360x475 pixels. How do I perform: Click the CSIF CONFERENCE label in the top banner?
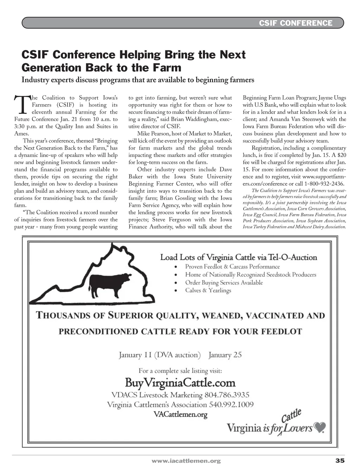pyautogui.click(x=295, y=23)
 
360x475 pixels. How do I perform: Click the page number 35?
pyautogui.click(x=340, y=461)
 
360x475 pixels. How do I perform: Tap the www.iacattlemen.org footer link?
pyautogui.click(x=186, y=461)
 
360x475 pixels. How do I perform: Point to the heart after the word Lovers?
pyautogui.click(x=320, y=427)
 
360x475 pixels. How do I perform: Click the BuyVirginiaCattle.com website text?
pyautogui.click(x=180, y=382)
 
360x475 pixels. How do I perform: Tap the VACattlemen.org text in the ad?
pyautogui.click(x=180, y=414)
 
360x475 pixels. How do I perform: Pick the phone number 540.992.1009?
pyautogui.click(x=231, y=405)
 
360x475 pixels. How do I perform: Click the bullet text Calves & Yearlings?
pyautogui.click(x=208, y=290)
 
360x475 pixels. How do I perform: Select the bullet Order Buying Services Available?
pyautogui.click(x=224, y=283)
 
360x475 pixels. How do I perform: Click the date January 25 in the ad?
pyautogui.click(x=225, y=355)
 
